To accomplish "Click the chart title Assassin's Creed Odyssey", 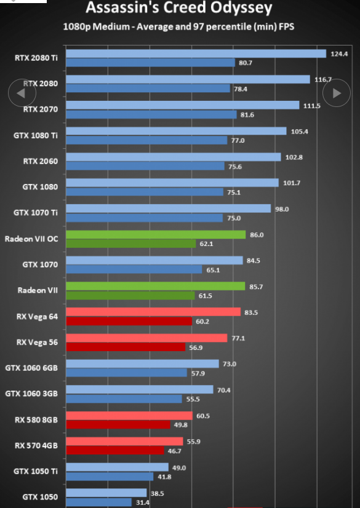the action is pos(179,8).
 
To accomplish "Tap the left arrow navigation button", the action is pos(22,93).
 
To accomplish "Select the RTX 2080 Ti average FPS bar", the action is pos(196,54).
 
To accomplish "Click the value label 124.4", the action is pos(339,54).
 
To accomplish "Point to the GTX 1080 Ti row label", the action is pos(36,135).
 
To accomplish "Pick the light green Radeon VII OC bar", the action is pos(156,234).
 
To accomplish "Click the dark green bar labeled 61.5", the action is pos(130,295).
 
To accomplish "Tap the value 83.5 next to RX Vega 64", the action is pos(251,312).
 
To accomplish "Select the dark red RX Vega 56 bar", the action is pos(126,347).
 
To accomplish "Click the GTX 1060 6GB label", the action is pos(31,368).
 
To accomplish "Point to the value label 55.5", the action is pos(193,399).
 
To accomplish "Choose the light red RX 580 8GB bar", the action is pos(129,416).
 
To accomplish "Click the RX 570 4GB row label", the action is pos(36,445).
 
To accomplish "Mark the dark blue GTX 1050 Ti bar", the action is pos(110,476).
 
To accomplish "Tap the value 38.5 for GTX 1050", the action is pos(157,494).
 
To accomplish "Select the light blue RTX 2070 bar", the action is pos(183,105).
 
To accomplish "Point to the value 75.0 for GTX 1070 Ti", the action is pos(234,218).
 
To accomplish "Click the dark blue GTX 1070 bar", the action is pos(134,269).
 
